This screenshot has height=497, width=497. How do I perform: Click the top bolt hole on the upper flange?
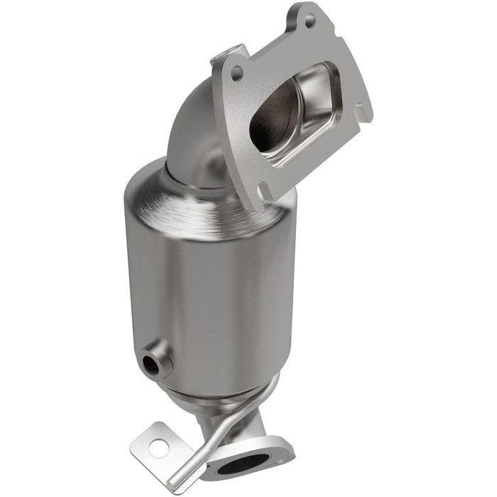coord(310,21)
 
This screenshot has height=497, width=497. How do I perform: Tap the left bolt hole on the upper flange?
coord(237,73)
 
